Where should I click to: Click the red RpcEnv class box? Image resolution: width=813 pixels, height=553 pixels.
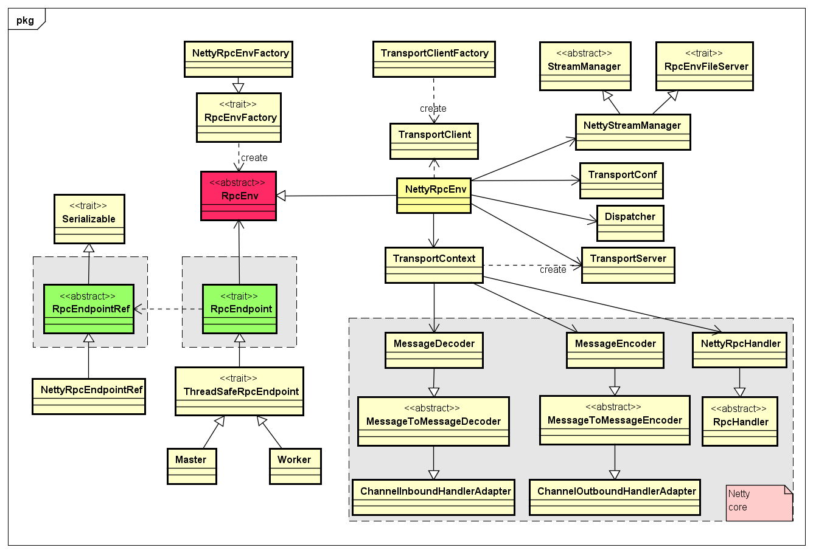point(239,196)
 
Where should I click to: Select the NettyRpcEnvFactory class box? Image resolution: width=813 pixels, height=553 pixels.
point(239,59)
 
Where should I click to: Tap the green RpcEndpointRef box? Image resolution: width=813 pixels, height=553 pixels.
point(89,309)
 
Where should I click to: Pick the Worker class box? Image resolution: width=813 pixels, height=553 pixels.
point(295,466)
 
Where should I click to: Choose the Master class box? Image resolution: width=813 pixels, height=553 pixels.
point(192,466)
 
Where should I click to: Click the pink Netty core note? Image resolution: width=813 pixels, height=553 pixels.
point(759,503)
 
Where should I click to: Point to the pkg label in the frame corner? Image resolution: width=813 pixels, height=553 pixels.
point(25,21)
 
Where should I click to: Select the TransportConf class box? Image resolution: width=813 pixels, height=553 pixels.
point(621,180)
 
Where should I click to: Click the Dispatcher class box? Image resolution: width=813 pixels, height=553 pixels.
point(630,223)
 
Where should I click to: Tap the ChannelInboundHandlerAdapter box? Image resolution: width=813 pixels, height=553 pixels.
point(433,497)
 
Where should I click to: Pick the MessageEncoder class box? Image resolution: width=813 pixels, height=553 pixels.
point(615,350)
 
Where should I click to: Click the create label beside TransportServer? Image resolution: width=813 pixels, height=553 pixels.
point(553,270)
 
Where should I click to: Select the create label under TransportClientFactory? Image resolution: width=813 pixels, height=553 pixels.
point(433,109)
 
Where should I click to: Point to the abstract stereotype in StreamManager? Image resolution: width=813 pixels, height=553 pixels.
point(584,53)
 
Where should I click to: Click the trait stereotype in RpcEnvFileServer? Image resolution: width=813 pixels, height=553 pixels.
point(704,53)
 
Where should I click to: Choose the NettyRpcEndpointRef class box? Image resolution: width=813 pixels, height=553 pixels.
point(89,396)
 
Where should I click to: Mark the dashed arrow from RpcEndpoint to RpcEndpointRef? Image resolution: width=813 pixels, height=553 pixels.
point(168,309)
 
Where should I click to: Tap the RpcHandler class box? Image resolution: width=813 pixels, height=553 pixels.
point(740,421)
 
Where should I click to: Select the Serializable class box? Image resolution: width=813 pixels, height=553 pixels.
point(89,219)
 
